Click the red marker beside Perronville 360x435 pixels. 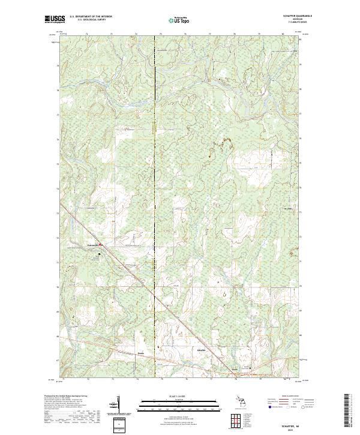click(x=101, y=245)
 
